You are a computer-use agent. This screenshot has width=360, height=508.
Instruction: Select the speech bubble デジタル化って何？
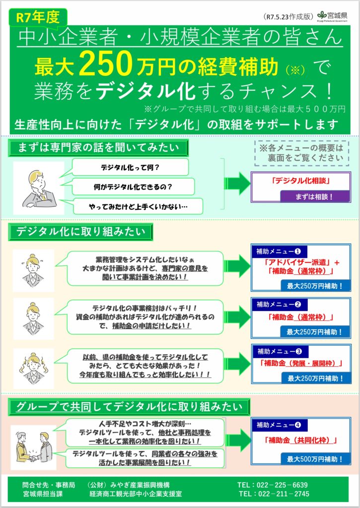(130, 167)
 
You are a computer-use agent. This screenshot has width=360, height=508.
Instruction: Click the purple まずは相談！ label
(316, 196)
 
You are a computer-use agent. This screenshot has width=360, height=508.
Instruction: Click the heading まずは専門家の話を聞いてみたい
(97, 147)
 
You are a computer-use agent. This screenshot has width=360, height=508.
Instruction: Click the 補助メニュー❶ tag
(280, 251)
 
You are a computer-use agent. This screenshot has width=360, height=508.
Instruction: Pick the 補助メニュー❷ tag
(280, 304)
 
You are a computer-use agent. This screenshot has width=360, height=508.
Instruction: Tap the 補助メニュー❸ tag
(280, 351)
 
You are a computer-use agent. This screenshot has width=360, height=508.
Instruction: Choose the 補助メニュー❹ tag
(280, 424)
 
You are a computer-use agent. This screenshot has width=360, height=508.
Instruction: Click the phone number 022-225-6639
(280, 484)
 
